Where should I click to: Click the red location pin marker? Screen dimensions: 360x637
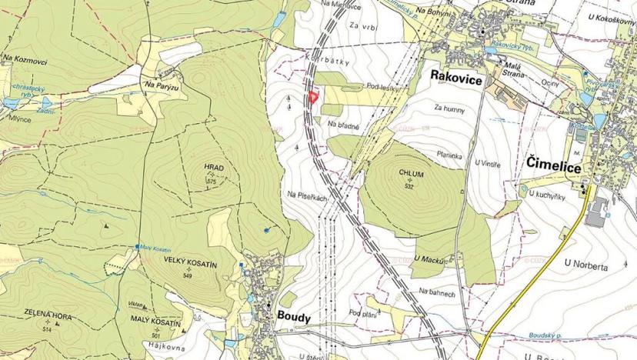point(312,98)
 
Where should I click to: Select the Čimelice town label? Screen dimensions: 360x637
point(554,164)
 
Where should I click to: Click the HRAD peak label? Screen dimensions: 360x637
point(213,167)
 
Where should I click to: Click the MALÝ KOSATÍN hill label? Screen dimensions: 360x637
point(155,324)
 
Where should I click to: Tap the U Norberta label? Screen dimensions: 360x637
point(586,264)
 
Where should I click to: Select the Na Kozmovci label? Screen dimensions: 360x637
point(25,58)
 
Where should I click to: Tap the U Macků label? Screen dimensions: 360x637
point(430,258)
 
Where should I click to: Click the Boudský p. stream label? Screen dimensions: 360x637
point(549,335)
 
